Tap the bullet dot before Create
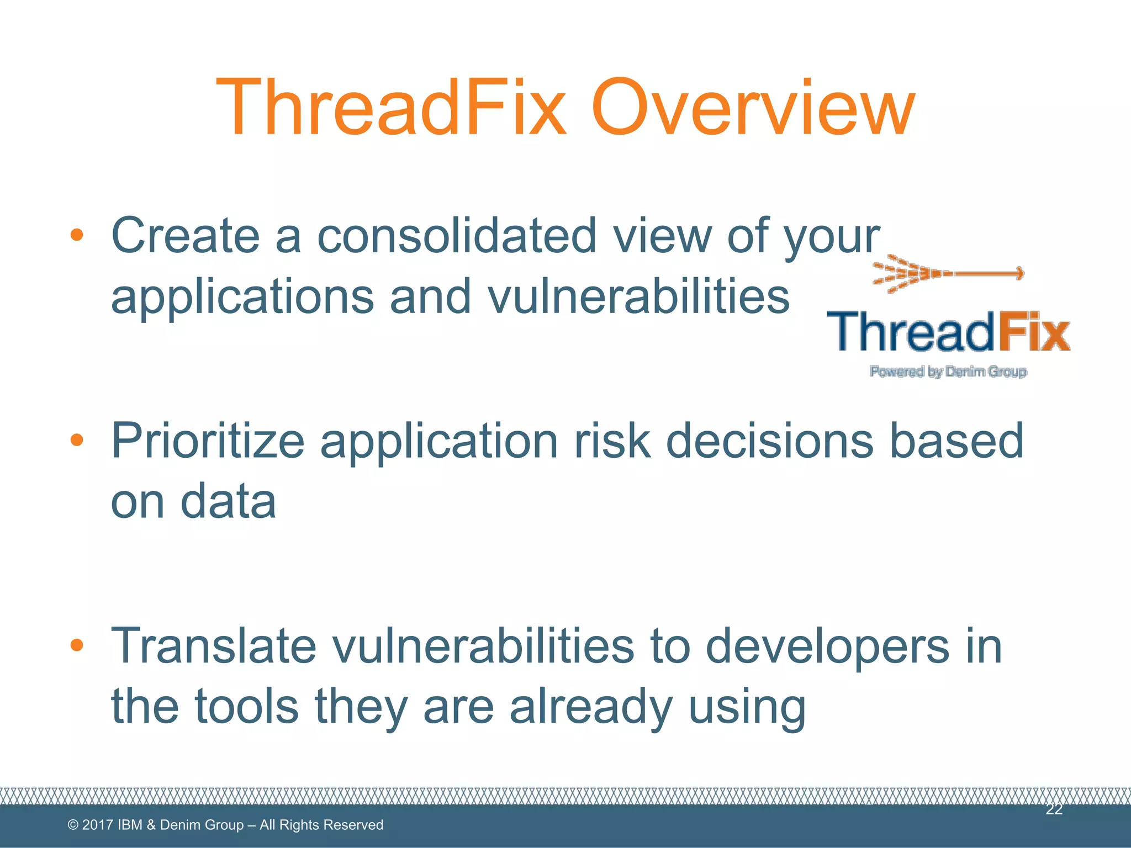[77, 236]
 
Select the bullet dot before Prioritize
[77, 440]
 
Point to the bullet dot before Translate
[77, 644]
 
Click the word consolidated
[457, 236]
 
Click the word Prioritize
[208, 442]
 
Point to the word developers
[827, 647]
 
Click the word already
[591, 708]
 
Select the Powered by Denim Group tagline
[948, 372]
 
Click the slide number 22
[1054, 809]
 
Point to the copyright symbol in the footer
[72, 825]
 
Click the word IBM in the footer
[130, 825]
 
